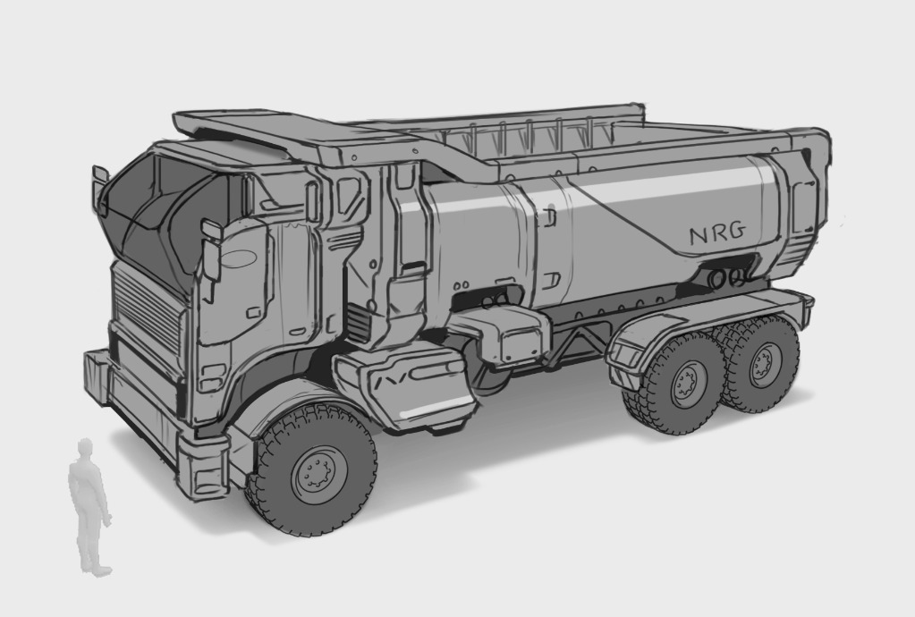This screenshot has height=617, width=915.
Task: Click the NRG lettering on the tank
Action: [x=717, y=233]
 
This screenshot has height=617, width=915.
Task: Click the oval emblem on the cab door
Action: [x=238, y=258]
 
